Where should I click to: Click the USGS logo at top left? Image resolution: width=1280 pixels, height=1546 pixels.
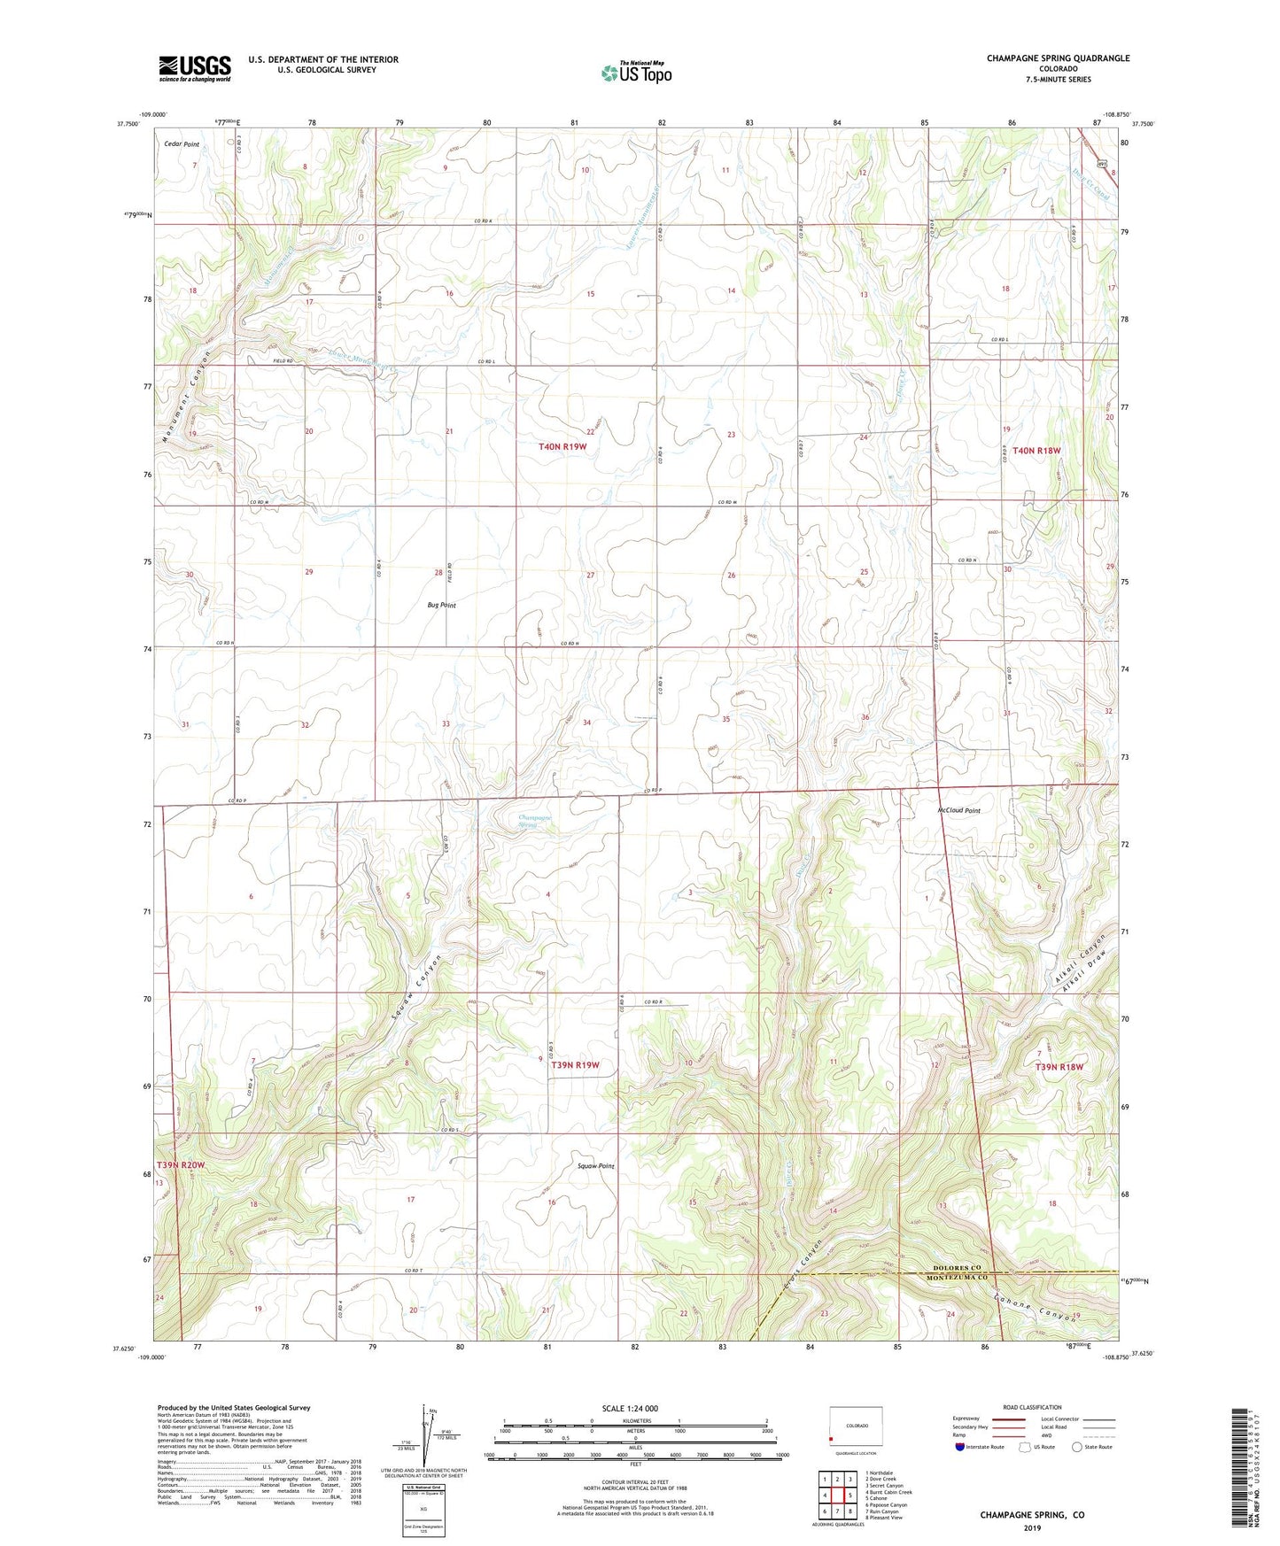(x=195, y=68)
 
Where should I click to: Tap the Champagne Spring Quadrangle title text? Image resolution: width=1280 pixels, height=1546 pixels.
(x=1058, y=58)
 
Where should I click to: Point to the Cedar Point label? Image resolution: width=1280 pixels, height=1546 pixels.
(x=182, y=143)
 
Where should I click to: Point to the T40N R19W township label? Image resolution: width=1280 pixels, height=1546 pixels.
(x=562, y=447)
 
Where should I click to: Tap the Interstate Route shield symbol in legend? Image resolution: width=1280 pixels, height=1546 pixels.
(x=961, y=1473)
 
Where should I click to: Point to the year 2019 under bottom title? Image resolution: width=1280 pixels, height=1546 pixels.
(x=1032, y=1527)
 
